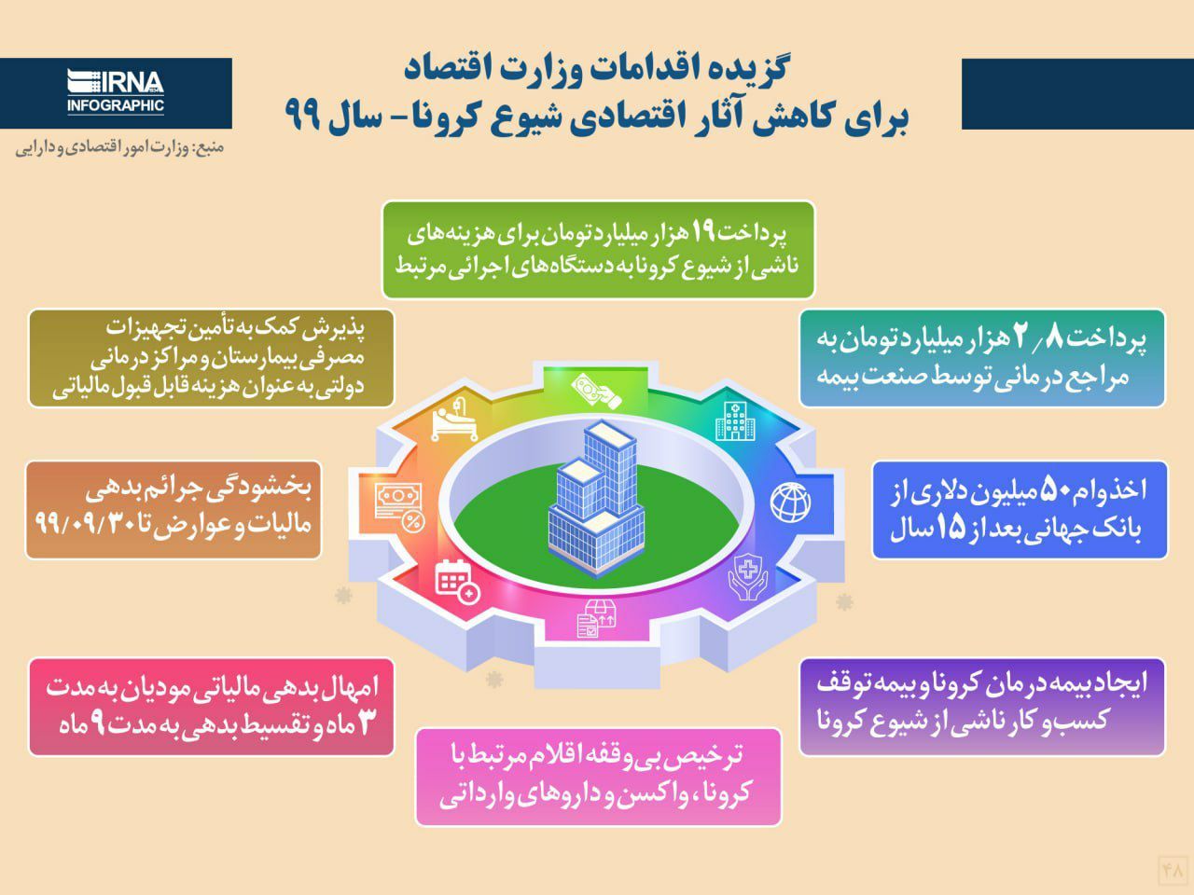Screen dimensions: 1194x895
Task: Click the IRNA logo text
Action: (x=116, y=82)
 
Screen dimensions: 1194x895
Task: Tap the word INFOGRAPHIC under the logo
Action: (x=116, y=105)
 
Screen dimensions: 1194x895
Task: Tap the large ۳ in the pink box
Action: (x=367, y=723)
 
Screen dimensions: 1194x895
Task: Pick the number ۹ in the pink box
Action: (x=99, y=725)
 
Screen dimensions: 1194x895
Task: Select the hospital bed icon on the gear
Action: (x=455, y=419)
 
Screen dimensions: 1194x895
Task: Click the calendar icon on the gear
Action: (x=457, y=582)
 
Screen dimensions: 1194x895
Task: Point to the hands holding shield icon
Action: (x=748, y=576)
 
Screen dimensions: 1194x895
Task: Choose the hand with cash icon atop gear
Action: (x=596, y=390)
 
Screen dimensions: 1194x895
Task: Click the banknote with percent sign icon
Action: (x=398, y=507)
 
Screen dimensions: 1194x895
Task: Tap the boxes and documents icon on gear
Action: (x=597, y=618)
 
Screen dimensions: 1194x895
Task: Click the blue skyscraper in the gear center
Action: (x=597, y=498)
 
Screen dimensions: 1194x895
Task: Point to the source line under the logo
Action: (x=119, y=148)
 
